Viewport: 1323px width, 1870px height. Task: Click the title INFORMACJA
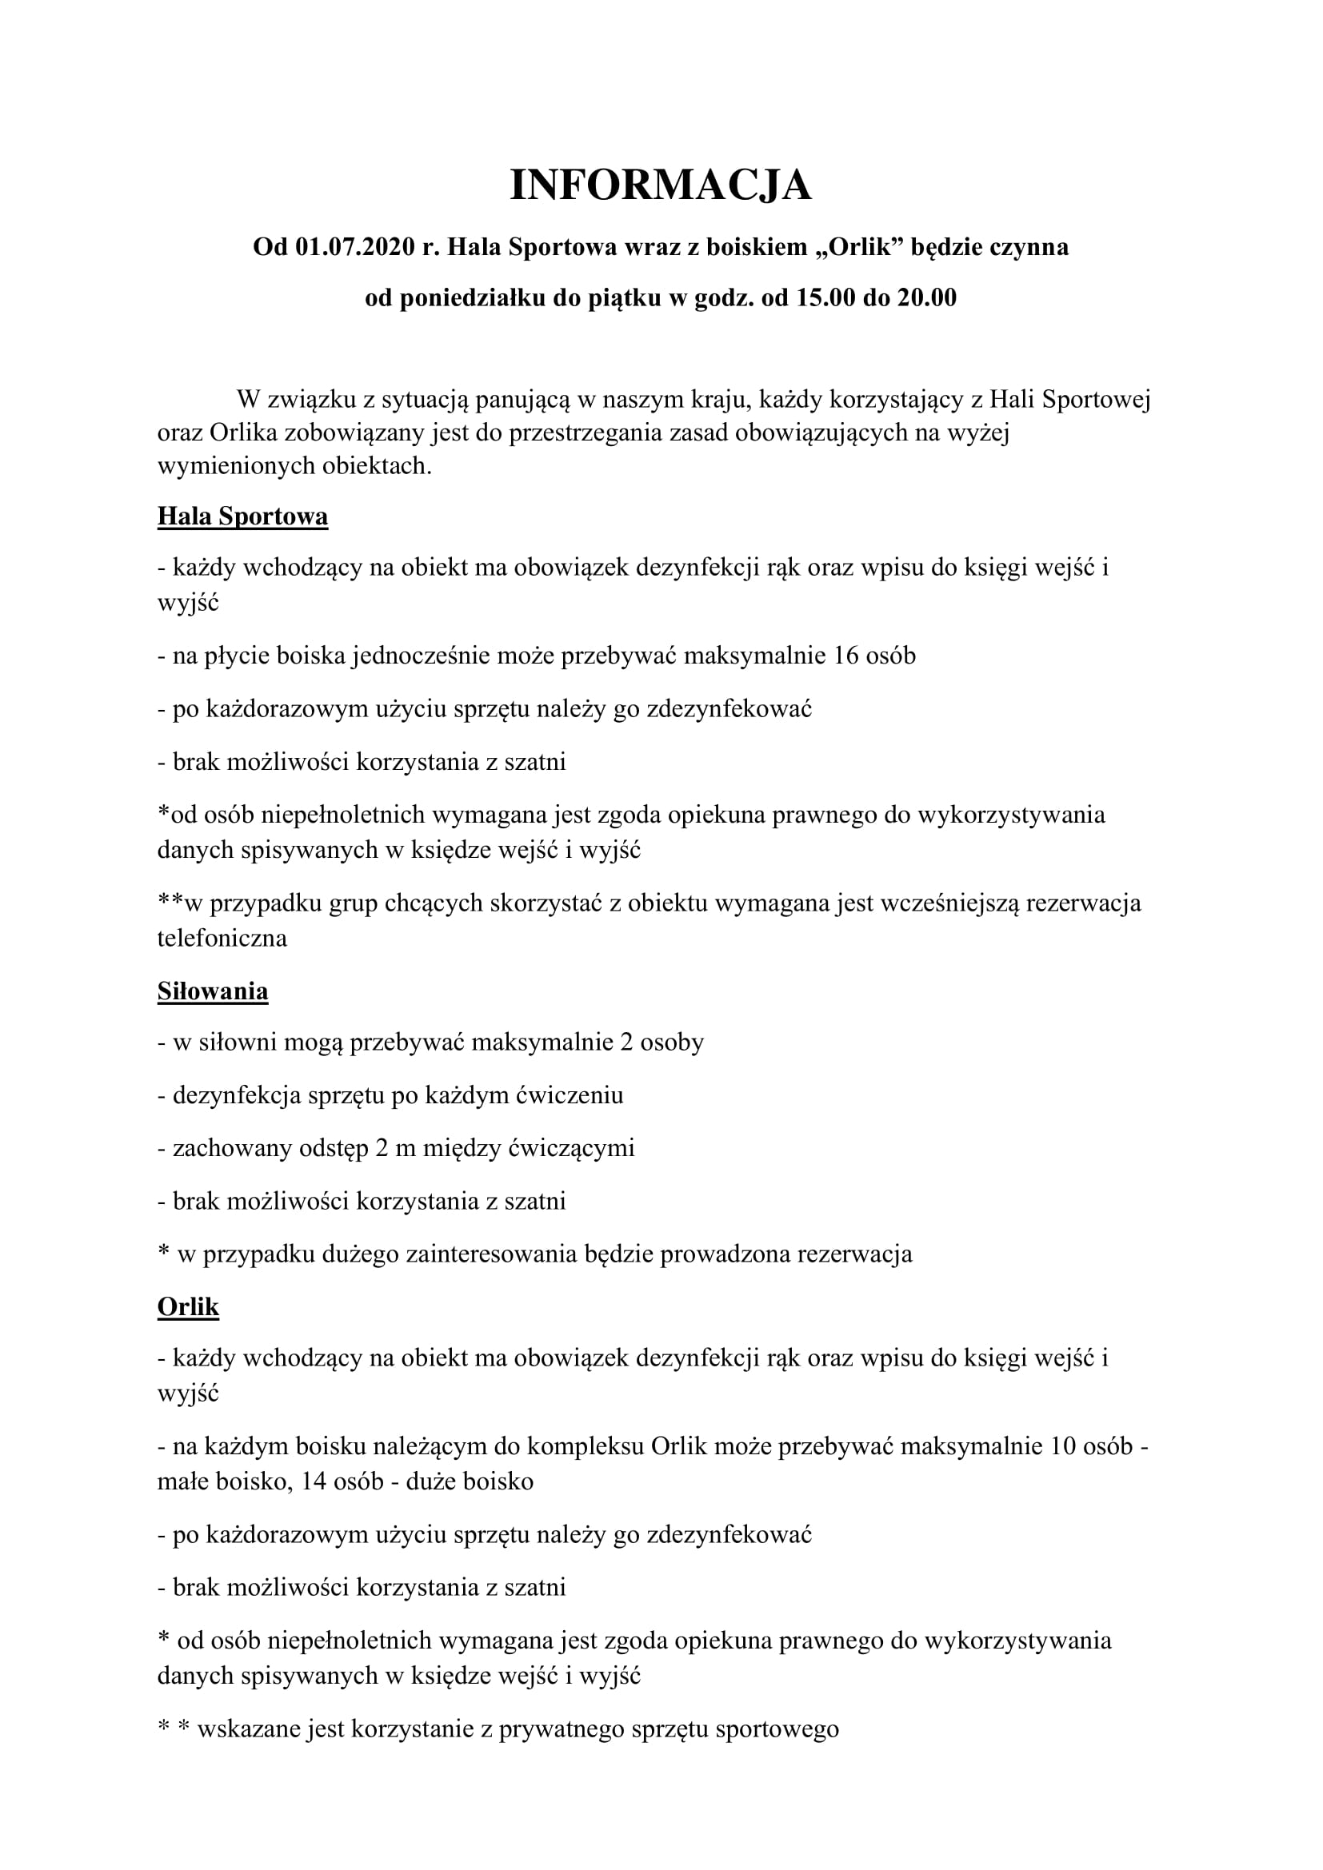coord(661,185)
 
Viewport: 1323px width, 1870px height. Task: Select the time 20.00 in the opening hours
coord(927,298)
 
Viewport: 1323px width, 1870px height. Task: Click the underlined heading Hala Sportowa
coord(243,516)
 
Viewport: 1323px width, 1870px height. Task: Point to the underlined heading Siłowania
coord(213,991)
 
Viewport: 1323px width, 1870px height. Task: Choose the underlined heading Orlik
coord(188,1307)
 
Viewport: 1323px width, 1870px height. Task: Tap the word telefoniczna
coord(222,939)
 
